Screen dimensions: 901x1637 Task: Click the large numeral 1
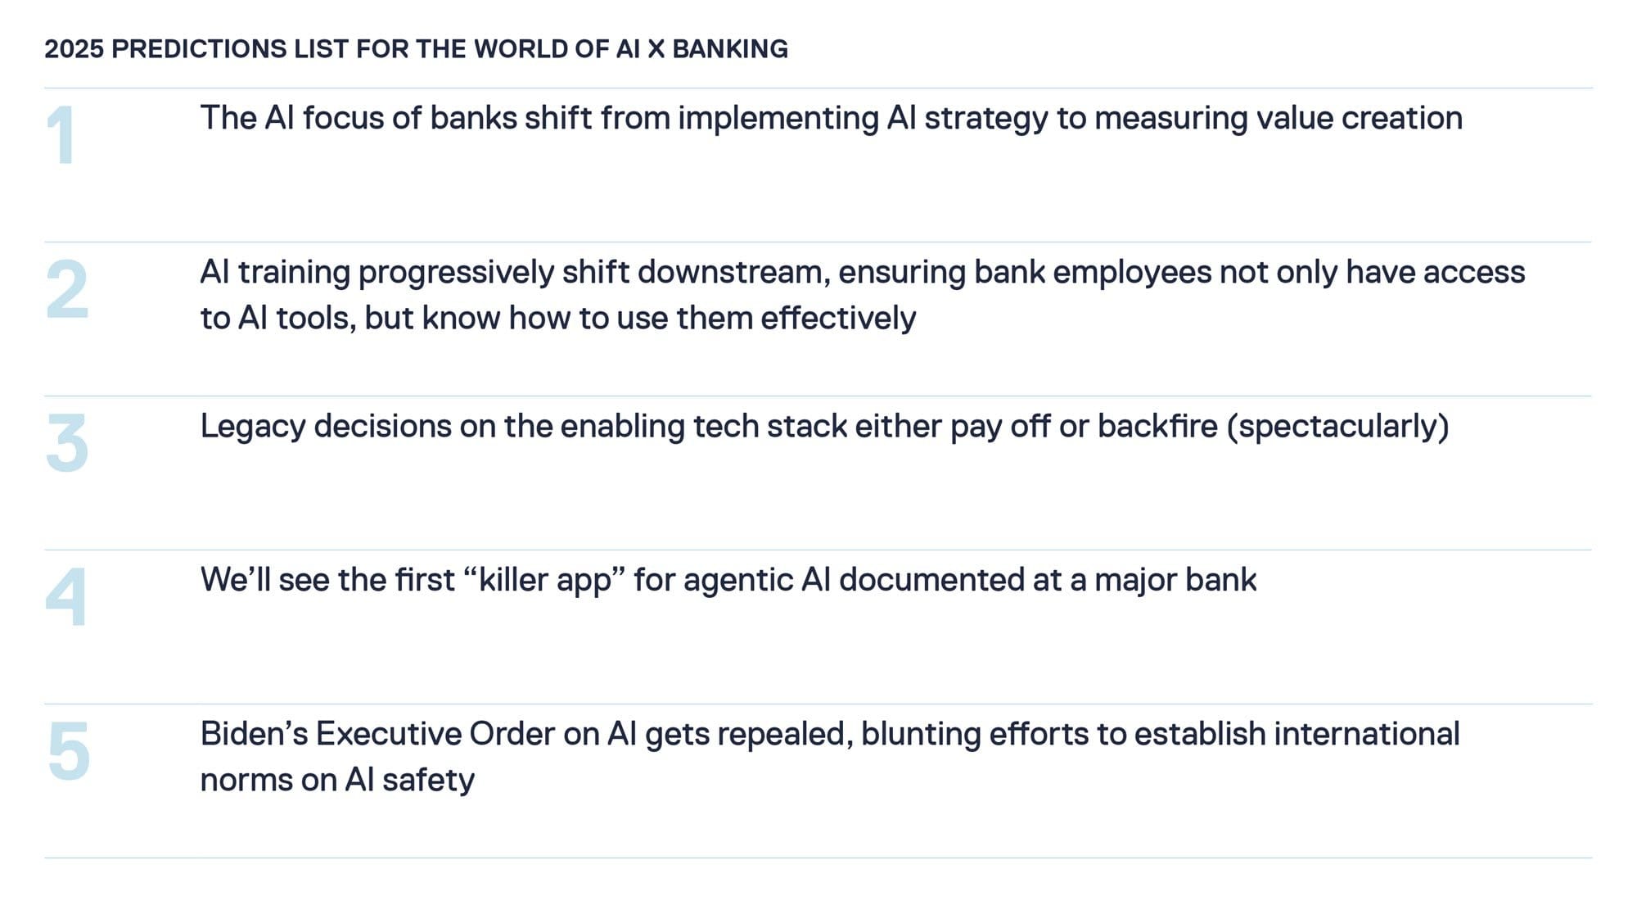(61, 135)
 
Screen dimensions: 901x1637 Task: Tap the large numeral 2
(67, 289)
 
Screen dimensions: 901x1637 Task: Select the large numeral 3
(67, 443)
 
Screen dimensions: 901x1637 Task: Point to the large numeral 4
(66, 597)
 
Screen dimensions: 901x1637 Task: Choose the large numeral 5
(69, 751)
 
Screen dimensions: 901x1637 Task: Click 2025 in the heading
(74, 49)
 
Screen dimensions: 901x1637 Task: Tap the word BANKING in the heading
(729, 49)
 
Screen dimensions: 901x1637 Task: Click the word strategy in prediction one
(985, 119)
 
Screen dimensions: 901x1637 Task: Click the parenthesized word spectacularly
(1337, 427)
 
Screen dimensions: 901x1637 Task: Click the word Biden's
(254, 735)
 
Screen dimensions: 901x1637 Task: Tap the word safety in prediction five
(427, 781)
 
